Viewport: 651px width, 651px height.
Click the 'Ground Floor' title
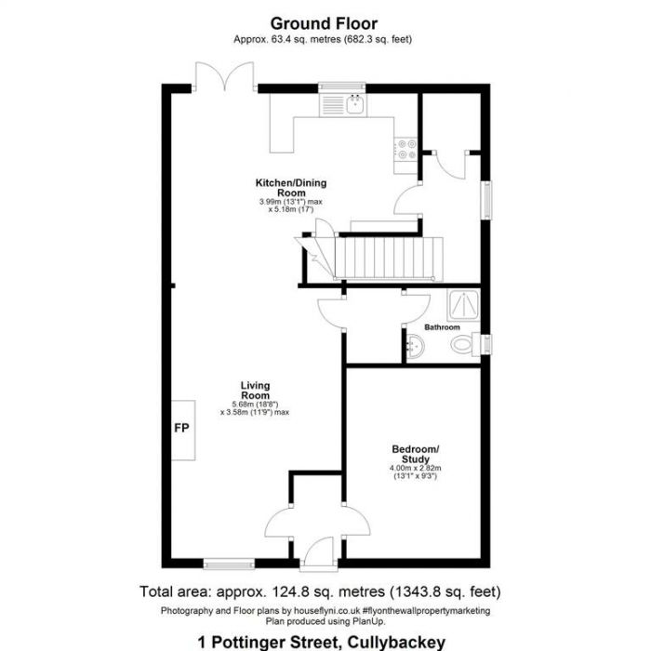point(325,22)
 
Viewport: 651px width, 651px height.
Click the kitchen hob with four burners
point(406,149)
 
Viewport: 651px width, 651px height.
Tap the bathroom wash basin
point(416,347)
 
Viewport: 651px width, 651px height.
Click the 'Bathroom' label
point(442,327)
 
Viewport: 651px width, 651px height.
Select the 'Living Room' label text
point(255,391)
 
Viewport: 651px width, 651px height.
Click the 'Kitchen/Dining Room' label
point(291,188)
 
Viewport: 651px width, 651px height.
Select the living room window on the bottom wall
point(229,563)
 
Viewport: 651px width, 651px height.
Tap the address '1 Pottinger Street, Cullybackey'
point(321,641)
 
